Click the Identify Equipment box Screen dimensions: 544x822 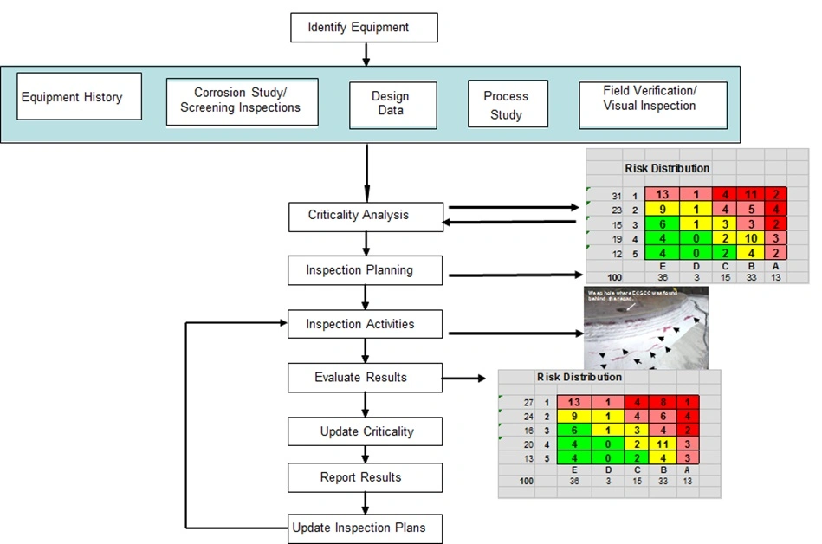(x=364, y=28)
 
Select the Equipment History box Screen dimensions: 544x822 (x=71, y=97)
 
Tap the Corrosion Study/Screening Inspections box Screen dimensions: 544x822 (x=242, y=101)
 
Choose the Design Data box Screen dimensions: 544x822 (x=391, y=103)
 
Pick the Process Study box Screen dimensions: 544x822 (x=505, y=105)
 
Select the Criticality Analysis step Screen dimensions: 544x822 (x=365, y=216)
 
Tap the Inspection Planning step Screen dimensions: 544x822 (x=365, y=270)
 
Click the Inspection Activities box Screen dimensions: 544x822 (x=365, y=325)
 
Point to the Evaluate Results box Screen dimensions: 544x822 (x=365, y=378)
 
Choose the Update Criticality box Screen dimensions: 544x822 (x=365, y=431)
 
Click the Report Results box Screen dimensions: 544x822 (x=365, y=477)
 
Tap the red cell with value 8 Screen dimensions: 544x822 (x=663, y=402)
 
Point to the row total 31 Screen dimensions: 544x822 (x=616, y=196)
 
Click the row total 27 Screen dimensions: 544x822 (x=528, y=403)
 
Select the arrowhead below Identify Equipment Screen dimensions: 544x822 (x=365, y=60)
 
